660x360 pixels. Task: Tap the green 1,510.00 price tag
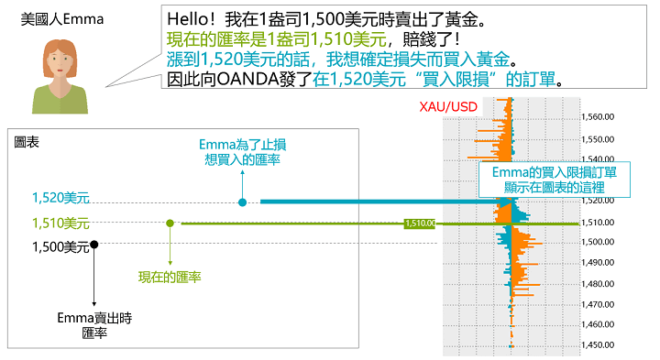pos(419,223)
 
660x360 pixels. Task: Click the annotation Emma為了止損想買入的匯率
pos(242,152)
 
